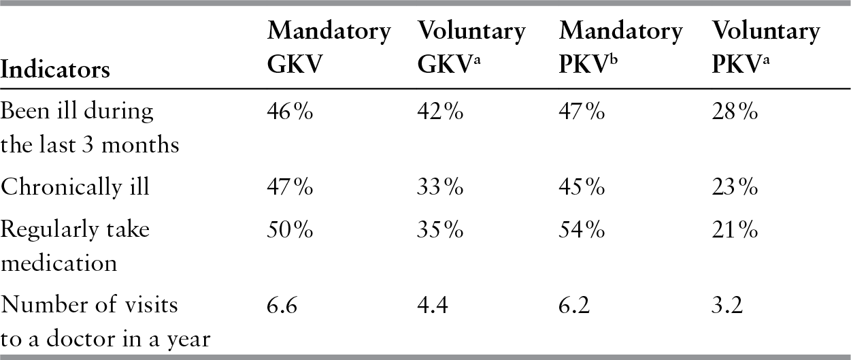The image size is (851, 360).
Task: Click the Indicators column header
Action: (56, 69)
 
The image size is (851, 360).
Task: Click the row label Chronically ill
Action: (74, 186)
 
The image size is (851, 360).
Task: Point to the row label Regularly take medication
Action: (75, 246)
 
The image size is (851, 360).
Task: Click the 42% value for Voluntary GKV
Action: (440, 112)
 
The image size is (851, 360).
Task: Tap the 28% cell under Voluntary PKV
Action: (735, 112)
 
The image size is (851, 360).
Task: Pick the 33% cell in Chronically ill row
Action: (440, 186)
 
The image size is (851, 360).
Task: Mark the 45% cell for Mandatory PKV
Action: (582, 186)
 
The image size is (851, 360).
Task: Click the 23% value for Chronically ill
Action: (735, 186)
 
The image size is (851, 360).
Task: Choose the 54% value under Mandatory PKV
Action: (582, 230)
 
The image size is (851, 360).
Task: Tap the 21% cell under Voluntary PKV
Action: (735, 230)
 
